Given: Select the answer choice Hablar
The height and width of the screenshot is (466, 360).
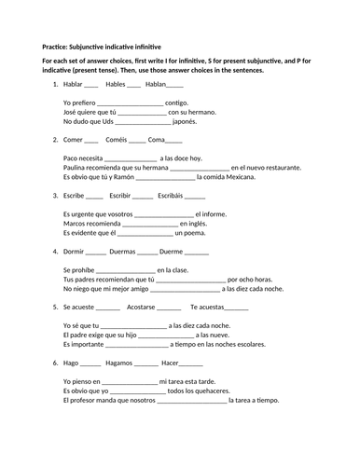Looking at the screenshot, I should click(74, 84).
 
